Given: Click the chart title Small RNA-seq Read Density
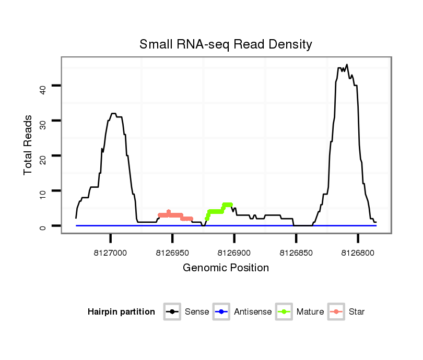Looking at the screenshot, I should (226, 44).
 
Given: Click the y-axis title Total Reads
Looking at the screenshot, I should (28, 145).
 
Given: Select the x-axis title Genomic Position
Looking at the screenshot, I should (226, 268).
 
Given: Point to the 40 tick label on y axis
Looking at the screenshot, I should (43, 89).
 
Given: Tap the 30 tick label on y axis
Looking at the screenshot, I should (43, 121).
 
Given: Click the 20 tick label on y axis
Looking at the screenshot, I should (43, 156).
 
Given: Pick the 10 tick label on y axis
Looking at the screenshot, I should (43, 191).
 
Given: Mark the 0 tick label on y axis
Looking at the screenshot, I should (43, 226).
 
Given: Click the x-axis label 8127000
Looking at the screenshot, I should (110, 253).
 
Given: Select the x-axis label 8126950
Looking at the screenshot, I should (172, 253).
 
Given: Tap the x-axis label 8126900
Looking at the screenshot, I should (234, 253).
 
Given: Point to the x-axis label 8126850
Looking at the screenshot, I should (296, 253).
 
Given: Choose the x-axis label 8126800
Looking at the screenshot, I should (358, 253).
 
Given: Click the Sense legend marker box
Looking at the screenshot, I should (172, 312).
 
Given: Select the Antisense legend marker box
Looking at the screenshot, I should (222, 312).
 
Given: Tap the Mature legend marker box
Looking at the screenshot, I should (285, 312).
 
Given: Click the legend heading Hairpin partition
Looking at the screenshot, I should (121, 312).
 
